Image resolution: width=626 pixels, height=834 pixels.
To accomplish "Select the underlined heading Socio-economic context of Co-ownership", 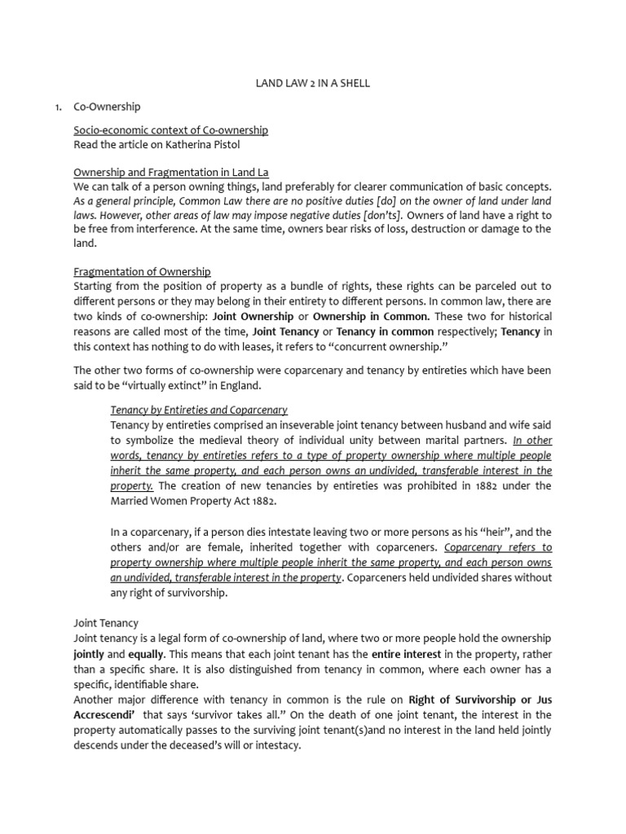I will pos(170,130).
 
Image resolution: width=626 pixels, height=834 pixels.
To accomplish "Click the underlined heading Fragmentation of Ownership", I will pos(142,272).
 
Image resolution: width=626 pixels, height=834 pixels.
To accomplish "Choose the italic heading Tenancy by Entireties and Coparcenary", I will pos(199,410).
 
